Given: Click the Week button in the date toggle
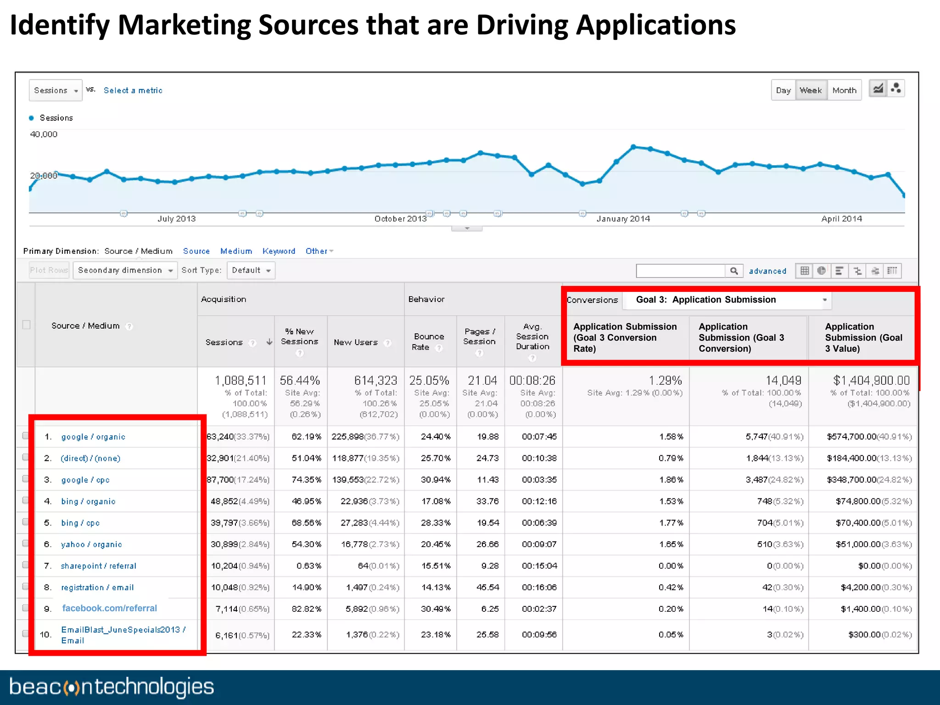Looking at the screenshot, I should pos(811,90).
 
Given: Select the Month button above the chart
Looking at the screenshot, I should pos(844,90).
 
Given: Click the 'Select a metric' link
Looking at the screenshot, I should pos(133,90).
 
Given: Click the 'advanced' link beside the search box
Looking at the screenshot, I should pos(767,271).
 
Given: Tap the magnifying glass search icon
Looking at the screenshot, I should pos(734,271).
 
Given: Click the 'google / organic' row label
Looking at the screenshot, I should pos(93,437).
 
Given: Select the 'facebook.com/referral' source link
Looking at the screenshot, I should pos(109,608).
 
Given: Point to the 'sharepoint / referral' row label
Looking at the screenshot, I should pos(99,566).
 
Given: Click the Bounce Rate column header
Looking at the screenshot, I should pos(428,342).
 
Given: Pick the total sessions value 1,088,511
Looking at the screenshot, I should pos(241,380).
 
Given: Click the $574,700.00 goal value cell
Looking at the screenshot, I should pos(851,437).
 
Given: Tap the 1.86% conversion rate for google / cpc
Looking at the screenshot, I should pos(671,480).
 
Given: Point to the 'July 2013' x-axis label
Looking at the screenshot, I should pos(176,219).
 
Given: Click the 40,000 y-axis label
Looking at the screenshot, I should pos(44,134).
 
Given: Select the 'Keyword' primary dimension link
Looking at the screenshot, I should pos(279,251).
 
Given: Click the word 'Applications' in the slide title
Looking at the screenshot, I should pos(655,25).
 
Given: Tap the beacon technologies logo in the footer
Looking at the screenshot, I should pos(111,687).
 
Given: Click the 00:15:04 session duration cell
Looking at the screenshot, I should pos(539,566).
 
